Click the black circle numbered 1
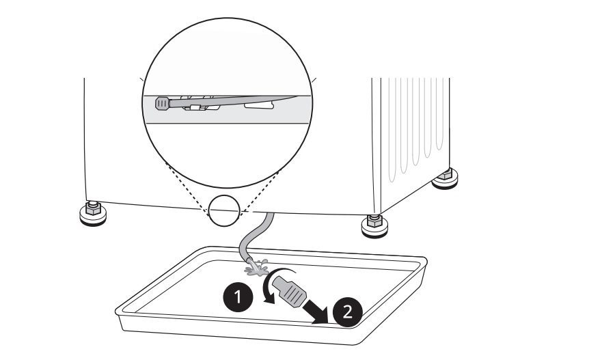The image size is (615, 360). tap(238, 297)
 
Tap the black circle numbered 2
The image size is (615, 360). tap(348, 312)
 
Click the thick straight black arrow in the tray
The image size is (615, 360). tap(317, 309)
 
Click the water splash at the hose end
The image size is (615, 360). tap(256, 268)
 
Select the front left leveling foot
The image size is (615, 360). tap(93, 213)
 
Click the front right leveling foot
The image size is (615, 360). tap(374, 226)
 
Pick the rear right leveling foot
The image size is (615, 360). tap(445, 179)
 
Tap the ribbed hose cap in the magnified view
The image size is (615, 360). tap(162, 103)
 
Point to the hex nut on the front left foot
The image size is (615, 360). tap(93, 208)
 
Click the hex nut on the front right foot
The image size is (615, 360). tap(374, 221)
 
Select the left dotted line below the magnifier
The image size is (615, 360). tap(187, 190)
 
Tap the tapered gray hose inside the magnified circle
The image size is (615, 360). tap(232, 101)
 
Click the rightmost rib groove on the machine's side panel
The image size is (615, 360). tap(441, 113)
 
